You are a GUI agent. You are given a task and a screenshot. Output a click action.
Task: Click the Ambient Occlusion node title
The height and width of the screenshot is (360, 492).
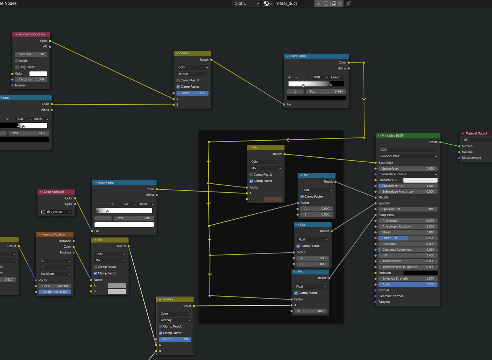(x=32, y=34)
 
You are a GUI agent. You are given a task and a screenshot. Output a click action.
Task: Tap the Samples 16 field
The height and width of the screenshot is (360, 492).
(x=31, y=54)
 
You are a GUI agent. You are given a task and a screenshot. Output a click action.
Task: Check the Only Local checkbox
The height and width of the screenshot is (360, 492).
(x=17, y=67)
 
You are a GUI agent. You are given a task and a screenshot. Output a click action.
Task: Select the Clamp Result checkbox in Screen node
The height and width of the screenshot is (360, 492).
(x=178, y=80)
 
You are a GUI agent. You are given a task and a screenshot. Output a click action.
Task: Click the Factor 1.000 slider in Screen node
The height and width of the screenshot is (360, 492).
(x=193, y=93)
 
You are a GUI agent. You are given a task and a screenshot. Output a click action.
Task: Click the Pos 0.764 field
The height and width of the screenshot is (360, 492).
(x=326, y=92)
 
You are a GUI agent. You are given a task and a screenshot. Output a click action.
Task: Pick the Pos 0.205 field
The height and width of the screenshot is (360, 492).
(x=134, y=218)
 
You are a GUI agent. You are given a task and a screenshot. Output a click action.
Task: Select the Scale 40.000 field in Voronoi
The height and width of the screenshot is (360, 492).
(x=55, y=286)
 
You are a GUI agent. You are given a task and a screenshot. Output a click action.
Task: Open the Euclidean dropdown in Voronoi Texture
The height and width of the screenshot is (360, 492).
(x=55, y=274)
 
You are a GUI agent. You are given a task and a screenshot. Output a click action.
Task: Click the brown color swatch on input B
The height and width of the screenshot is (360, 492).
(x=273, y=199)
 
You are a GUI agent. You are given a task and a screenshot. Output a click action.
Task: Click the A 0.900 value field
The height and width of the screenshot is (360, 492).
(x=316, y=209)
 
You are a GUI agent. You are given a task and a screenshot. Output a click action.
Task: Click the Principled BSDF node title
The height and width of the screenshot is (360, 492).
(x=392, y=136)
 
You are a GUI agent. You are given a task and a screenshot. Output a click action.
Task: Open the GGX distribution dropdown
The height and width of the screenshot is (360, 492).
(x=408, y=150)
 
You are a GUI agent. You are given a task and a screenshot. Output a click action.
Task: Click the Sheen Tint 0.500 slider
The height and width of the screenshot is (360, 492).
(x=408, y=238)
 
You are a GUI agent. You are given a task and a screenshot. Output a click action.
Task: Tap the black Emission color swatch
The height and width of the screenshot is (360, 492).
(x=420, y=273)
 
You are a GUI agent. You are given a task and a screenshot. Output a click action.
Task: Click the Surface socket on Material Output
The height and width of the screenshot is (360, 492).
(x=459, y=147)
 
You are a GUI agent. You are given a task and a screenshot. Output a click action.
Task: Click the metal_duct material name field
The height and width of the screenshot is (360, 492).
(x=293, y=3)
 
